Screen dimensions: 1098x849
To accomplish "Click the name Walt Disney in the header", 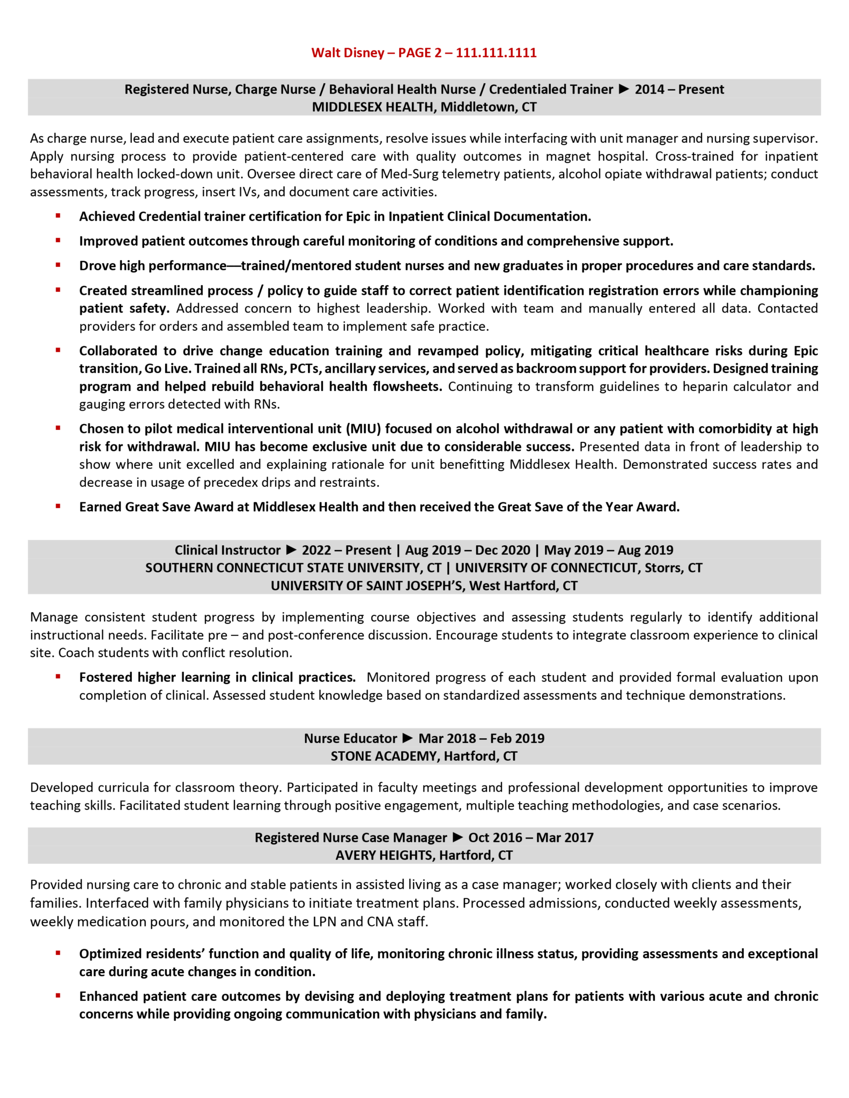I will tap(348, 53).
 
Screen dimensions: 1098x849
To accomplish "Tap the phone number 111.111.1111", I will tap(496, 53).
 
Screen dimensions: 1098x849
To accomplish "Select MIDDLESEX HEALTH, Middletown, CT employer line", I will tap(424, 107).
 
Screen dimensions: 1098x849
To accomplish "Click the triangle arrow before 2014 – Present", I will tap(624, 89).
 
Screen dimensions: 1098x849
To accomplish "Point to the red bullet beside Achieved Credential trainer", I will tap(58, 216).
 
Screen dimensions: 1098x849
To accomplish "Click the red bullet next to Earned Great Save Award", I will tap(58, 506).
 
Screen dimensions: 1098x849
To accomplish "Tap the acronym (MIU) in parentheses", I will tap(363, 429).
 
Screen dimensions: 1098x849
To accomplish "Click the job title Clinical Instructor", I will tap(227, 550).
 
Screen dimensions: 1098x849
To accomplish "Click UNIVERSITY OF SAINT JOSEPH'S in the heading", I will tap(367, 585).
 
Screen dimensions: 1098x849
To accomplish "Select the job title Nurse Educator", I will tap(350, 738).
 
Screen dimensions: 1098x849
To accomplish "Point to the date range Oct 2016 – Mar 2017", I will tap(531, 837).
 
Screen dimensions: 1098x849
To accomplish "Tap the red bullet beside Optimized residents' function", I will tap(58, 953).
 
